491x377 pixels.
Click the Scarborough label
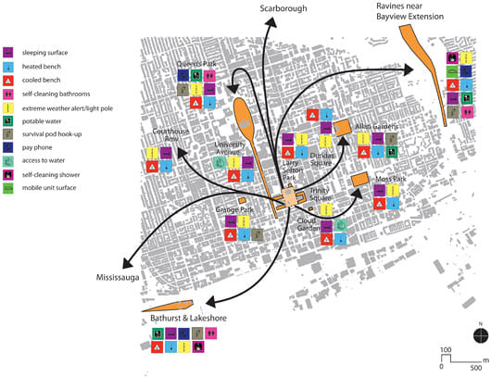pos(283,8)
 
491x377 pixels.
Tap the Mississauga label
pos(118,278)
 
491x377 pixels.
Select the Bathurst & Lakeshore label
pos(188,318)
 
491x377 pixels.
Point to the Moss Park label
pos(390,179)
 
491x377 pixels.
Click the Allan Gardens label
pos(376,127)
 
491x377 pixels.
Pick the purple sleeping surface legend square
pos(7,52)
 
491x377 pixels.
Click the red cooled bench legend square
pos(7,81)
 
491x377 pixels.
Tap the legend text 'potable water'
pos(42,121)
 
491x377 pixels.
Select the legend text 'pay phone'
pos(37,147)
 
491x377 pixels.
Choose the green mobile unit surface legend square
pos(7,188)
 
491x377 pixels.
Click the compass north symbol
pos(481,335)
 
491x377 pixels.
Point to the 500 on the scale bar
pos(475,368)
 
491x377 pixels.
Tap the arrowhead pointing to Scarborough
pos(271,22)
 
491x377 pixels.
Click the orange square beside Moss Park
pos(359,179)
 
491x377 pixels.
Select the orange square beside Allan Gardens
pos(342,128)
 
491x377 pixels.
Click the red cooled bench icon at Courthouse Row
pos(152,167)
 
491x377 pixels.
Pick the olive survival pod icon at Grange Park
pos(258,234)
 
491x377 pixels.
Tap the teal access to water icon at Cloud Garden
pos(340,225)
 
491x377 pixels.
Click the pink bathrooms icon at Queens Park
pos(209,75)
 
